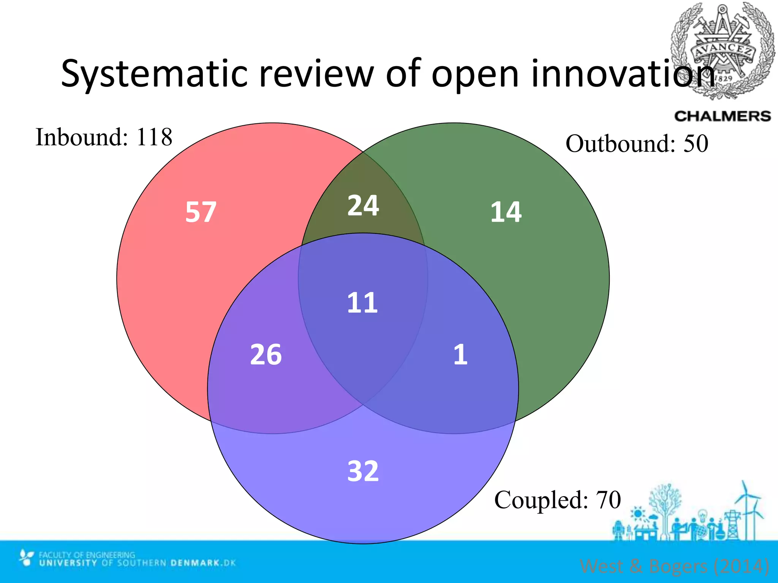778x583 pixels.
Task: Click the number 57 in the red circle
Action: point(201,212)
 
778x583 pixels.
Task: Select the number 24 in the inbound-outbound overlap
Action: point(363,206)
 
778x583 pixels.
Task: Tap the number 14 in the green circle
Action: point(506,212)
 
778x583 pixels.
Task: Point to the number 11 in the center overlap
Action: point(362,303)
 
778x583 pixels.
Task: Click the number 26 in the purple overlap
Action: point(266,355)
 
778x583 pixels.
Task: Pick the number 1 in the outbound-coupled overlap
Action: point(460,355)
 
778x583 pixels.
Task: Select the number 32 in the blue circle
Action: point(363,471)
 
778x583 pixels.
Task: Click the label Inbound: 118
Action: point(104,137)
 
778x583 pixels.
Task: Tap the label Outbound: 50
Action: point(637,144)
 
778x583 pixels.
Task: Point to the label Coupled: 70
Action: point(557,500)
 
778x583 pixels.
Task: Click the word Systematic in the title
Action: point(154,74)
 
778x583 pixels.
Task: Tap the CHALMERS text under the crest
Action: point(722,116)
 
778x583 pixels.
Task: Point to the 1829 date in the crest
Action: point(724,78)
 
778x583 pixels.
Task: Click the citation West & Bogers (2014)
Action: point(674,566)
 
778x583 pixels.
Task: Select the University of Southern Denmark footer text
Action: point(137,563)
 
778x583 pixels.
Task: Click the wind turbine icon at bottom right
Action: point(750,509)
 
